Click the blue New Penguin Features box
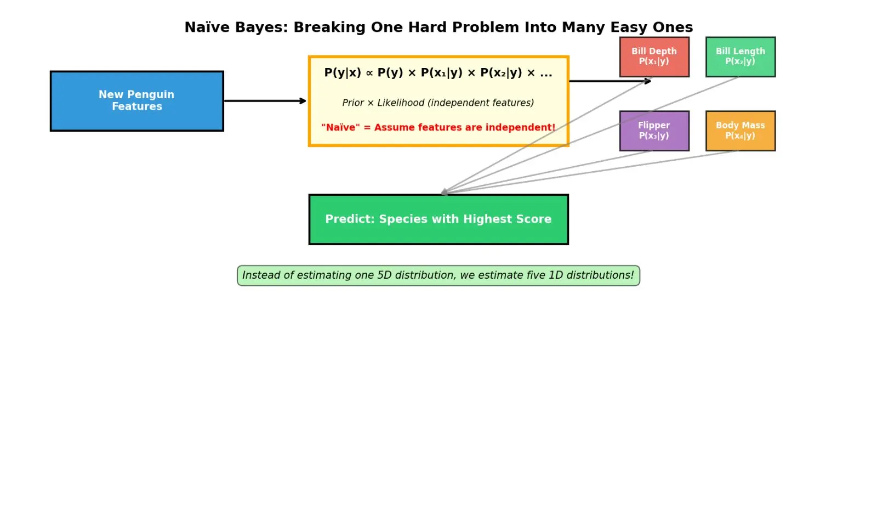point(137,101)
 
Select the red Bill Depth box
point(654,57)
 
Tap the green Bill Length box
point(741,57)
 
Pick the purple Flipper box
point(654,131)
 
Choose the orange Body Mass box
point(741,131)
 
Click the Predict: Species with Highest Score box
point(438,219)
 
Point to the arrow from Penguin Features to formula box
point(265,101)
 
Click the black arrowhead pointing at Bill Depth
point(648,81)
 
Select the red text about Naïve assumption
point(438,127)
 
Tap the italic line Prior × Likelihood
point(438,103)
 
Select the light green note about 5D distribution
point(438,275)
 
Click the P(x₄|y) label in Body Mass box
point(740,136)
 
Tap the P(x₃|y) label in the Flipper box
point(654,136)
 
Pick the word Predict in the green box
point(350,219)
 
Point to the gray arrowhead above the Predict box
point(445,192)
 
